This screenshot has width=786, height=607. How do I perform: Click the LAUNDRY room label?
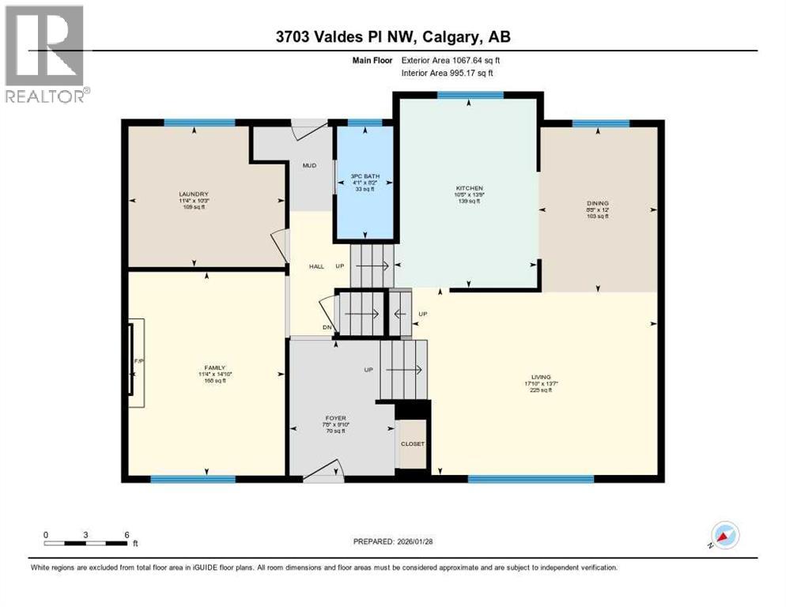pyautogui.click(x=194, y=194)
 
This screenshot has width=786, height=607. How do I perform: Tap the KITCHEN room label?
pyautogui.click(x=468, y=188)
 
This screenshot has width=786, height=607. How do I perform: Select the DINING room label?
pyautogui.click(x=597, y=203)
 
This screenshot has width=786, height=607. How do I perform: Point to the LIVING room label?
pyautogui.click(x=541, y=377)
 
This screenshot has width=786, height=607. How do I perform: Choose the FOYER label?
pyautogui.click(x=335, y=418)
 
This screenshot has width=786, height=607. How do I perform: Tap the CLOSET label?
pyautogui.click(x=412, y=443)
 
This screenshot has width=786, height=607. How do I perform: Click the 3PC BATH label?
pyautogui.click(x=364, y=175)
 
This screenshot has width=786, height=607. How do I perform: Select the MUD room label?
pyautogui.click(x=309, y=166)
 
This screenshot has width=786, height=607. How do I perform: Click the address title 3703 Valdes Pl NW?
pyautogui.click(x=392, y=37)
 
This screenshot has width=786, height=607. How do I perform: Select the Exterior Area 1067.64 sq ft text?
pyautogui.click(x=450, y=59)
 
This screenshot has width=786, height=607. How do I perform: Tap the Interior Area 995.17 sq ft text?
pyautogui.click(x=448, y=73)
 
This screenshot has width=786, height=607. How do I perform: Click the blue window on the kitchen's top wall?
pyautogui.click(x=470, y=96)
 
